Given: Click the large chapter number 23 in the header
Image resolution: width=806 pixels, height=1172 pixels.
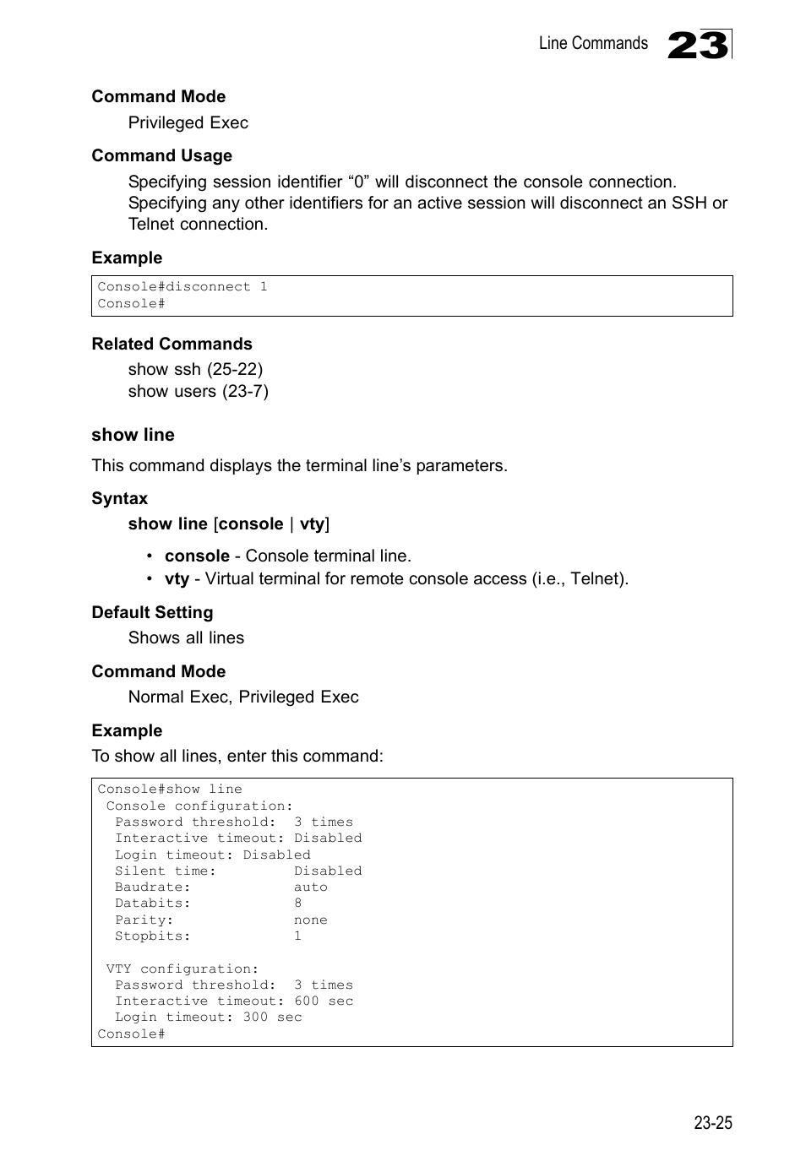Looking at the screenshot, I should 698,45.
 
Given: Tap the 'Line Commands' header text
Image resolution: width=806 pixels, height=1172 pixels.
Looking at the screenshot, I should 593,44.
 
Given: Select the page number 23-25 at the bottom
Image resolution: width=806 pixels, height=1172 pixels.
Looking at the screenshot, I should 713,1122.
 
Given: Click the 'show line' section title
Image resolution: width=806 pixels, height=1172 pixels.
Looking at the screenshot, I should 133,435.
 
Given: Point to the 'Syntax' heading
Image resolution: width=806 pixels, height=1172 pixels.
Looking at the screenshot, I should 119,498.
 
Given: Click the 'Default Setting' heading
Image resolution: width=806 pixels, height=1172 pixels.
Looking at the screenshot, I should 152,612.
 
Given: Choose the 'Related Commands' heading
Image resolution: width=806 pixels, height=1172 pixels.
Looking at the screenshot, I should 172,344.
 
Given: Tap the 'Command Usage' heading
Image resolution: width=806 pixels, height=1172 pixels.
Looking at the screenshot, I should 161,155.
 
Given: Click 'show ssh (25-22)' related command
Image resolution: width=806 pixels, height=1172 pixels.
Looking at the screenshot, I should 195,369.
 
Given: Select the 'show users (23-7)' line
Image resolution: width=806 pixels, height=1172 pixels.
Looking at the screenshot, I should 198,391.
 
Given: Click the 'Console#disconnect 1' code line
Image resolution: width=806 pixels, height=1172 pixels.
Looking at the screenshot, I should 182,287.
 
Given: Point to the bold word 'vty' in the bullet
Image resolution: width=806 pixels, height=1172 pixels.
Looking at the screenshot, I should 177,578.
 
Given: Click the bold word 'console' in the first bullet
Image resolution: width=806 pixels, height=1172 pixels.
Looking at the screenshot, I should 197,556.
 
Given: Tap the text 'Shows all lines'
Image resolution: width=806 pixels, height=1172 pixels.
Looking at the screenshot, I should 186,638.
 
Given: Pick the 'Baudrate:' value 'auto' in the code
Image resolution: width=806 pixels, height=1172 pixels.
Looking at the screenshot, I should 310,887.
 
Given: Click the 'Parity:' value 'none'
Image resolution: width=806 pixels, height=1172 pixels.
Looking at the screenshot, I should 310,920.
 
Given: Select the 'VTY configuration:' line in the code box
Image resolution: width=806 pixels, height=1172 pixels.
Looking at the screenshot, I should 182,969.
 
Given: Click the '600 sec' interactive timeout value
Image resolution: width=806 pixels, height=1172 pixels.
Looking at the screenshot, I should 324,1001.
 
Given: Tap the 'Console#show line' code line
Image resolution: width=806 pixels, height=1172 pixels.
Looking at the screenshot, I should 169,789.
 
